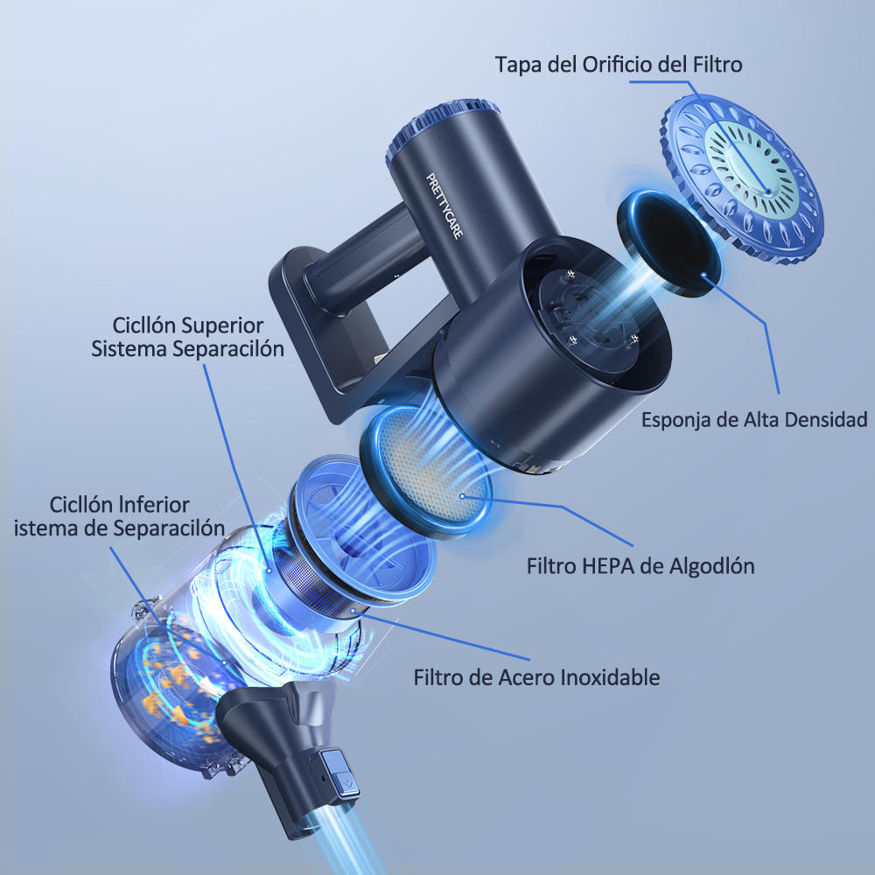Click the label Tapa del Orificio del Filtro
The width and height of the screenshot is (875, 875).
click(619, 64)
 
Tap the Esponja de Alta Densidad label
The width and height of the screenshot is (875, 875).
click(754, 420)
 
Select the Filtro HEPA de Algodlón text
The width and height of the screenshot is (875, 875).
click(640, 566)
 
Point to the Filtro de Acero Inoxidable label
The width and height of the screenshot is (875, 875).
click(536, 677)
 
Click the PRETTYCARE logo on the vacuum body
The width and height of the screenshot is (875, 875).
click(444, 206)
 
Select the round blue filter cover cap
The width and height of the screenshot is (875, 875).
click(742, 178)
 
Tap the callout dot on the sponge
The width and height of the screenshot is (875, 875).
click(703, 274)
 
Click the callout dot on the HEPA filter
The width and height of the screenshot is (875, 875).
click(461, 495)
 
